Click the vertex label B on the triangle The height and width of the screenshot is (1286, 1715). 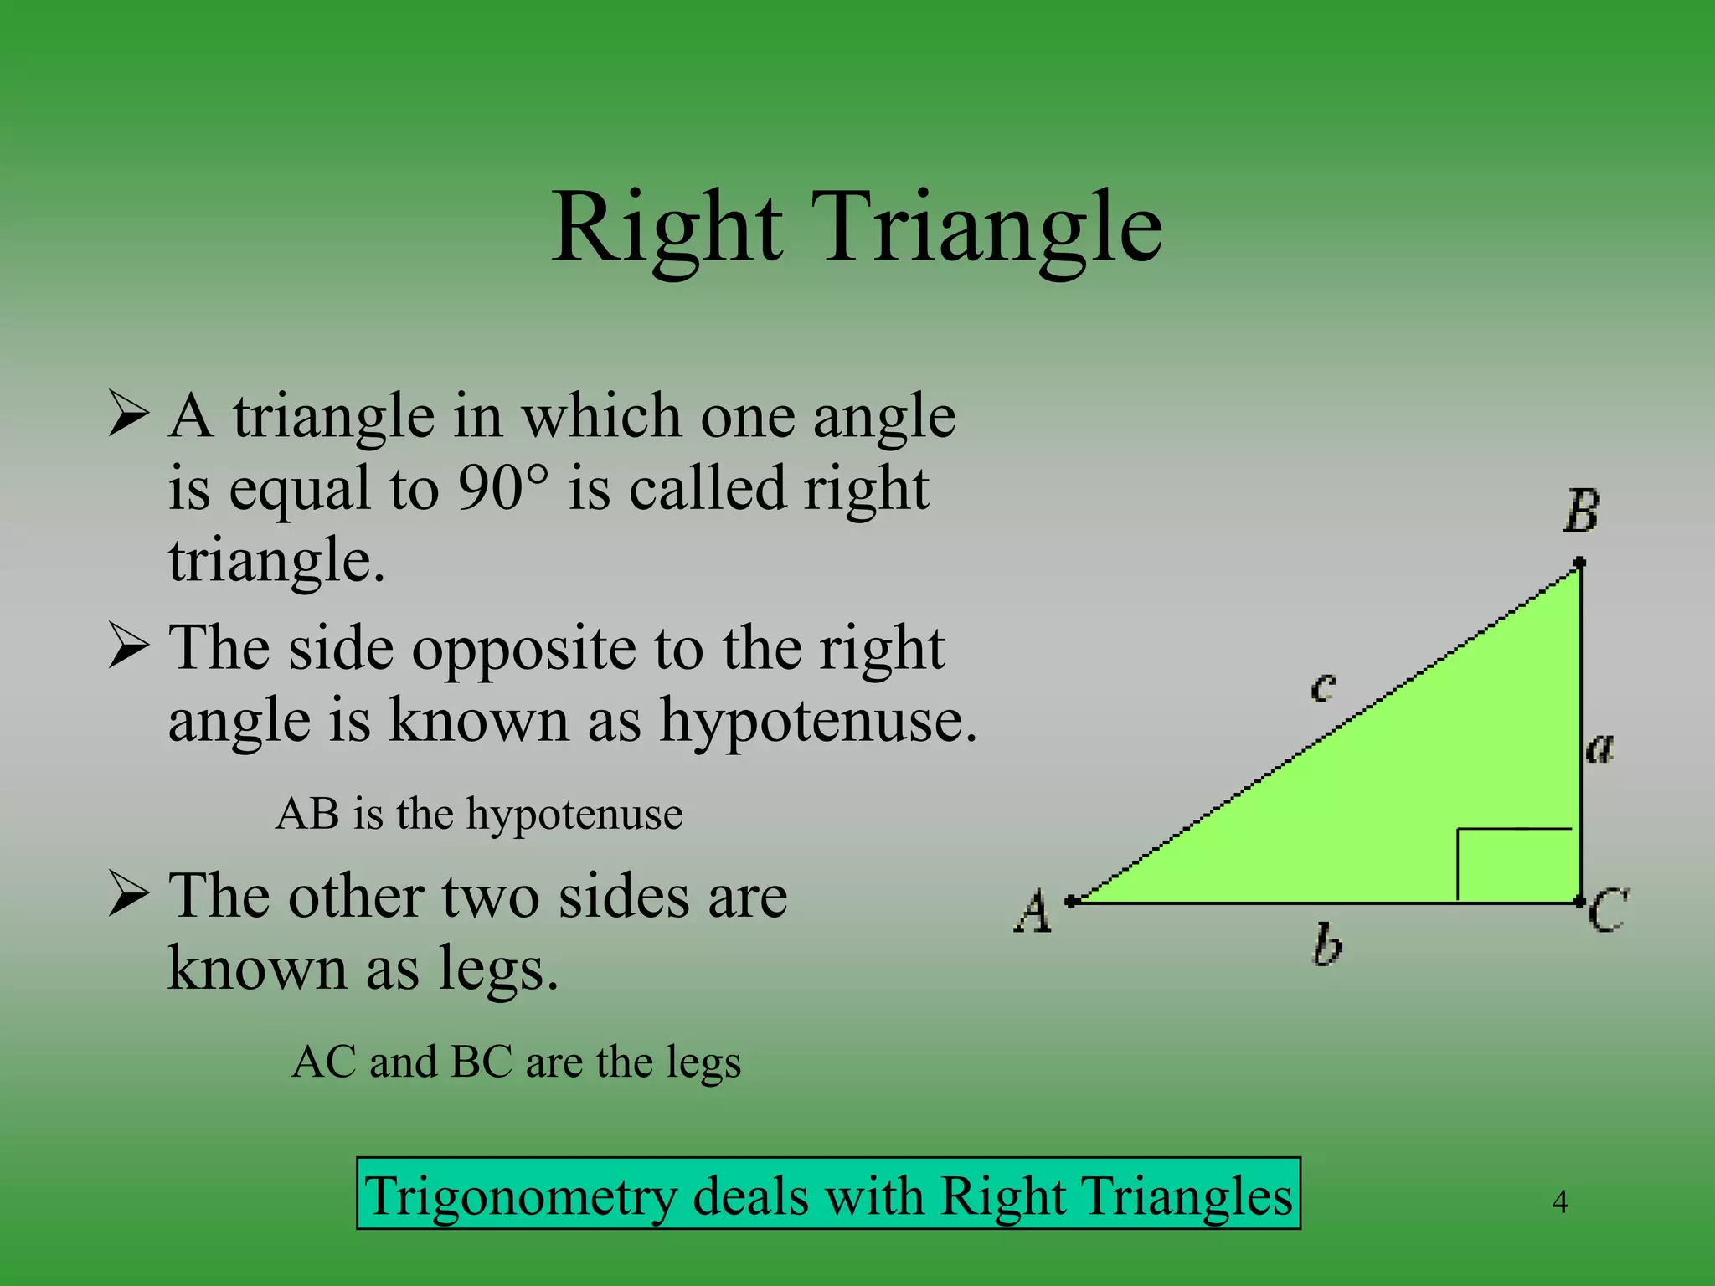[1581, 512]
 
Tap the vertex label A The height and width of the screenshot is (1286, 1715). [1033, 912]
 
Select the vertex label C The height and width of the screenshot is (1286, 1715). [1608, 912]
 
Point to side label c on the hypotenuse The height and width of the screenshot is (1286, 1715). [1323, 687]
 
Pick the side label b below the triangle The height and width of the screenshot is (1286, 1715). [1327, 945]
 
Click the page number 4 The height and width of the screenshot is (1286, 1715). [1559, 1202]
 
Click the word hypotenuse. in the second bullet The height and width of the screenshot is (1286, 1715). [818, 720]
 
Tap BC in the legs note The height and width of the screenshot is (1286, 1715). [482, 1062]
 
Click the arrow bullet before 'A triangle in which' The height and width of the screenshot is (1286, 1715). [129, 416]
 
